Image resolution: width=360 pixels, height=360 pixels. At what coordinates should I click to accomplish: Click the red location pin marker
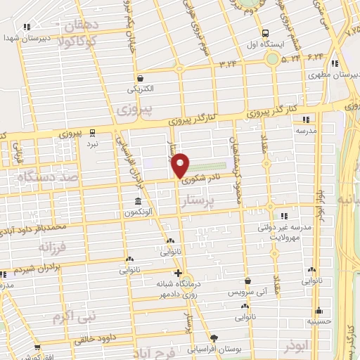click(x=181, y=164)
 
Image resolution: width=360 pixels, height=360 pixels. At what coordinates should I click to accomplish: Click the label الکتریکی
click(x=139, y=89)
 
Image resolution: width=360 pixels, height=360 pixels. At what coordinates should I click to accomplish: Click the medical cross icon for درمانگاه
click(x=178, y=273)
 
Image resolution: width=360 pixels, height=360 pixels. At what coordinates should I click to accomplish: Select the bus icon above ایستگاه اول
click(x=265, y=33)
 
